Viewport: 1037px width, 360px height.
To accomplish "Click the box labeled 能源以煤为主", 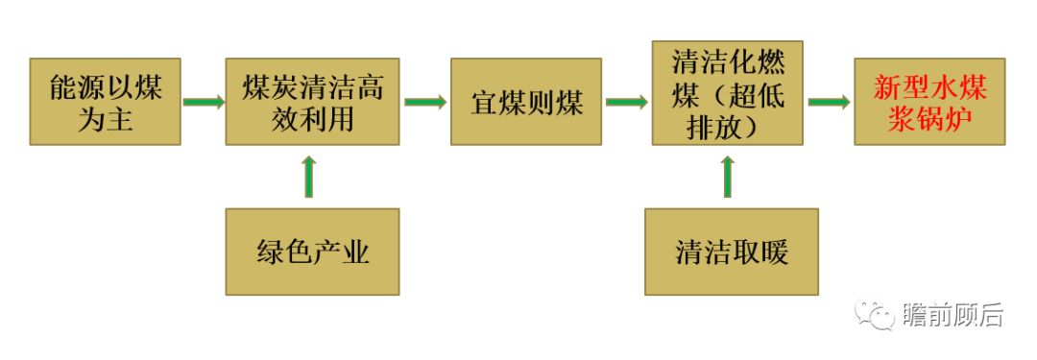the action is tap(105, 102).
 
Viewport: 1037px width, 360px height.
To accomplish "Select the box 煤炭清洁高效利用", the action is tap(312, 102).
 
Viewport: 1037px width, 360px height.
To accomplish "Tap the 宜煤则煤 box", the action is tap(526, 102).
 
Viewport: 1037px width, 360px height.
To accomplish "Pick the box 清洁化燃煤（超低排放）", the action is tap(727, 93).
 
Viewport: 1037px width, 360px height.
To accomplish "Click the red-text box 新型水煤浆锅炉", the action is tap(929, 102).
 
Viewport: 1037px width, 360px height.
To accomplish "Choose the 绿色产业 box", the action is tap(312, 252).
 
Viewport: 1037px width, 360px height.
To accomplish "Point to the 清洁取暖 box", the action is tap(732, 252).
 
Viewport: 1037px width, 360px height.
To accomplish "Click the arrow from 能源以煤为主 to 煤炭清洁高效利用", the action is tap(203, 102).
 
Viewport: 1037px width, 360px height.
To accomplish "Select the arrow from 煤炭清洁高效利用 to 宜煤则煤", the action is tap(424, 102).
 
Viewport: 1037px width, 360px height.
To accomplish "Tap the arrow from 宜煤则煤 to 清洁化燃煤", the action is tap(626, 102).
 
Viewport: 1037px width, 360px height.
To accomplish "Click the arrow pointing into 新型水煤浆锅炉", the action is tap(828, 102).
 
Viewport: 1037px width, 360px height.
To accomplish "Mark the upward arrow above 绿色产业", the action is tap(308, 176).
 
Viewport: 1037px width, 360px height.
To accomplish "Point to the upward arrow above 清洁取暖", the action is tap(727, 176).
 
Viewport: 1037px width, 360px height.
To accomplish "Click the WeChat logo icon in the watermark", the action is tap(875, 314).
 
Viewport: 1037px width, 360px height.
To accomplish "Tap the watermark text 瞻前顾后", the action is tap(953, 314).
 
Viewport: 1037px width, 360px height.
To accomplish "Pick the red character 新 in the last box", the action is tap(886, 88).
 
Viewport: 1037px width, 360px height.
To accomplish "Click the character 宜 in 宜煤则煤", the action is tap(484, 103).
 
